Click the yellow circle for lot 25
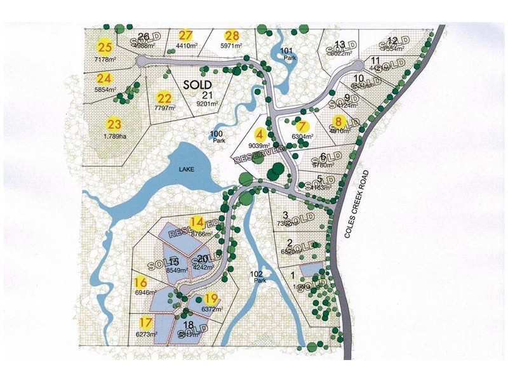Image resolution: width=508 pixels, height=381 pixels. pyautogui.click(x=105, y=46)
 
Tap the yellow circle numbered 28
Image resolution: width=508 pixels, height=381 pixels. pyautogui.click(x=232, y=36)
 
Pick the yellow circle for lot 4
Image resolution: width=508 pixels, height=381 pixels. pyautogui.click(x=258, y=135)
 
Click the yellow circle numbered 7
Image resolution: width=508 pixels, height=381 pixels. pyautogui.click(x=302, y=126)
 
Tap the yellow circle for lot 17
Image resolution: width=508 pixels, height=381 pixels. pyautogui.click(x=146, y=323)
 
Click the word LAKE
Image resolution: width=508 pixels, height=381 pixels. pyautogui.click(x=189, y=168)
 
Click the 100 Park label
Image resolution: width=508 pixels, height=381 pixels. pyautogui.click(x=218, y=136)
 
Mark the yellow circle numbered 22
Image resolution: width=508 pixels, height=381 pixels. pyautogui.click(x=164, y=98)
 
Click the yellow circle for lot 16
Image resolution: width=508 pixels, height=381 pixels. pyautogui.click(x=141, y=283)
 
